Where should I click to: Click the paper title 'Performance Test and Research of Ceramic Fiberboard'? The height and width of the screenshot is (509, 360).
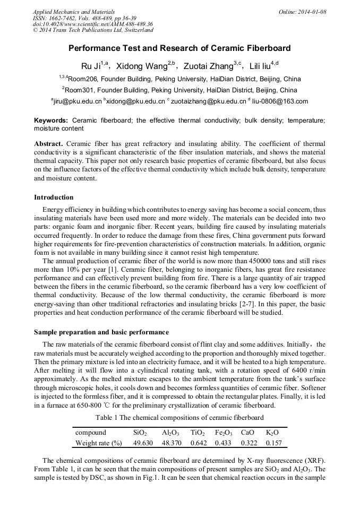pos(179,48)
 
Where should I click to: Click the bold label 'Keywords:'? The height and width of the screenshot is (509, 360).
pos(51,120)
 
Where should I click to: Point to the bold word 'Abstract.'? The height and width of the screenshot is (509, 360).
pos(49,144)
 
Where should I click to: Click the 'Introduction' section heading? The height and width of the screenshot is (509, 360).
pos(54,197)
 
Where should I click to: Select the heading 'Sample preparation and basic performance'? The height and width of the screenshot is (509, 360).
pos(101,332)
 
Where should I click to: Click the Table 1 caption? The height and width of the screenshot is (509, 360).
pos(179,418)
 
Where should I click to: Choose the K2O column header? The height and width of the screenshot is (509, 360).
pos(272,433)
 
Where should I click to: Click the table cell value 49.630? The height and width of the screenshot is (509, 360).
pos(143,443)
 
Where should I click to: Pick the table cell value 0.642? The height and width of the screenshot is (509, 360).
pos(198,443)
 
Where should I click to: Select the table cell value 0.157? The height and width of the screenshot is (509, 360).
pos(273,443)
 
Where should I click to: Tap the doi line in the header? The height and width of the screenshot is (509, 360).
pos(92,24)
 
